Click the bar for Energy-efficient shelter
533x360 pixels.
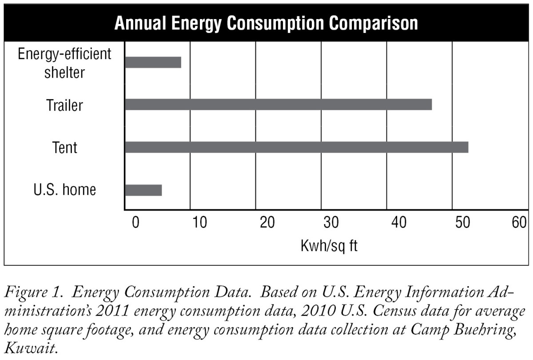153,62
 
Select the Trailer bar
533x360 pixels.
278,105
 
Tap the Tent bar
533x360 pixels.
296,147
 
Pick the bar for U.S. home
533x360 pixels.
143,190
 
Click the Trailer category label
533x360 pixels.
64,105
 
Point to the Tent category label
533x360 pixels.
65,147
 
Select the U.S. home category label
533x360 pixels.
65,190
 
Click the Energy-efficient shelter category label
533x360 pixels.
64,63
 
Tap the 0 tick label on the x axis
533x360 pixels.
135,222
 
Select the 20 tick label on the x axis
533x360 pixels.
266,222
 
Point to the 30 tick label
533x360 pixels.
331,222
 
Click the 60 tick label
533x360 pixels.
519,222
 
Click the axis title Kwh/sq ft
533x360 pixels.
329,245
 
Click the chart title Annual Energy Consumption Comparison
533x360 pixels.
266,23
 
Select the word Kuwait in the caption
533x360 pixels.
29,347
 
